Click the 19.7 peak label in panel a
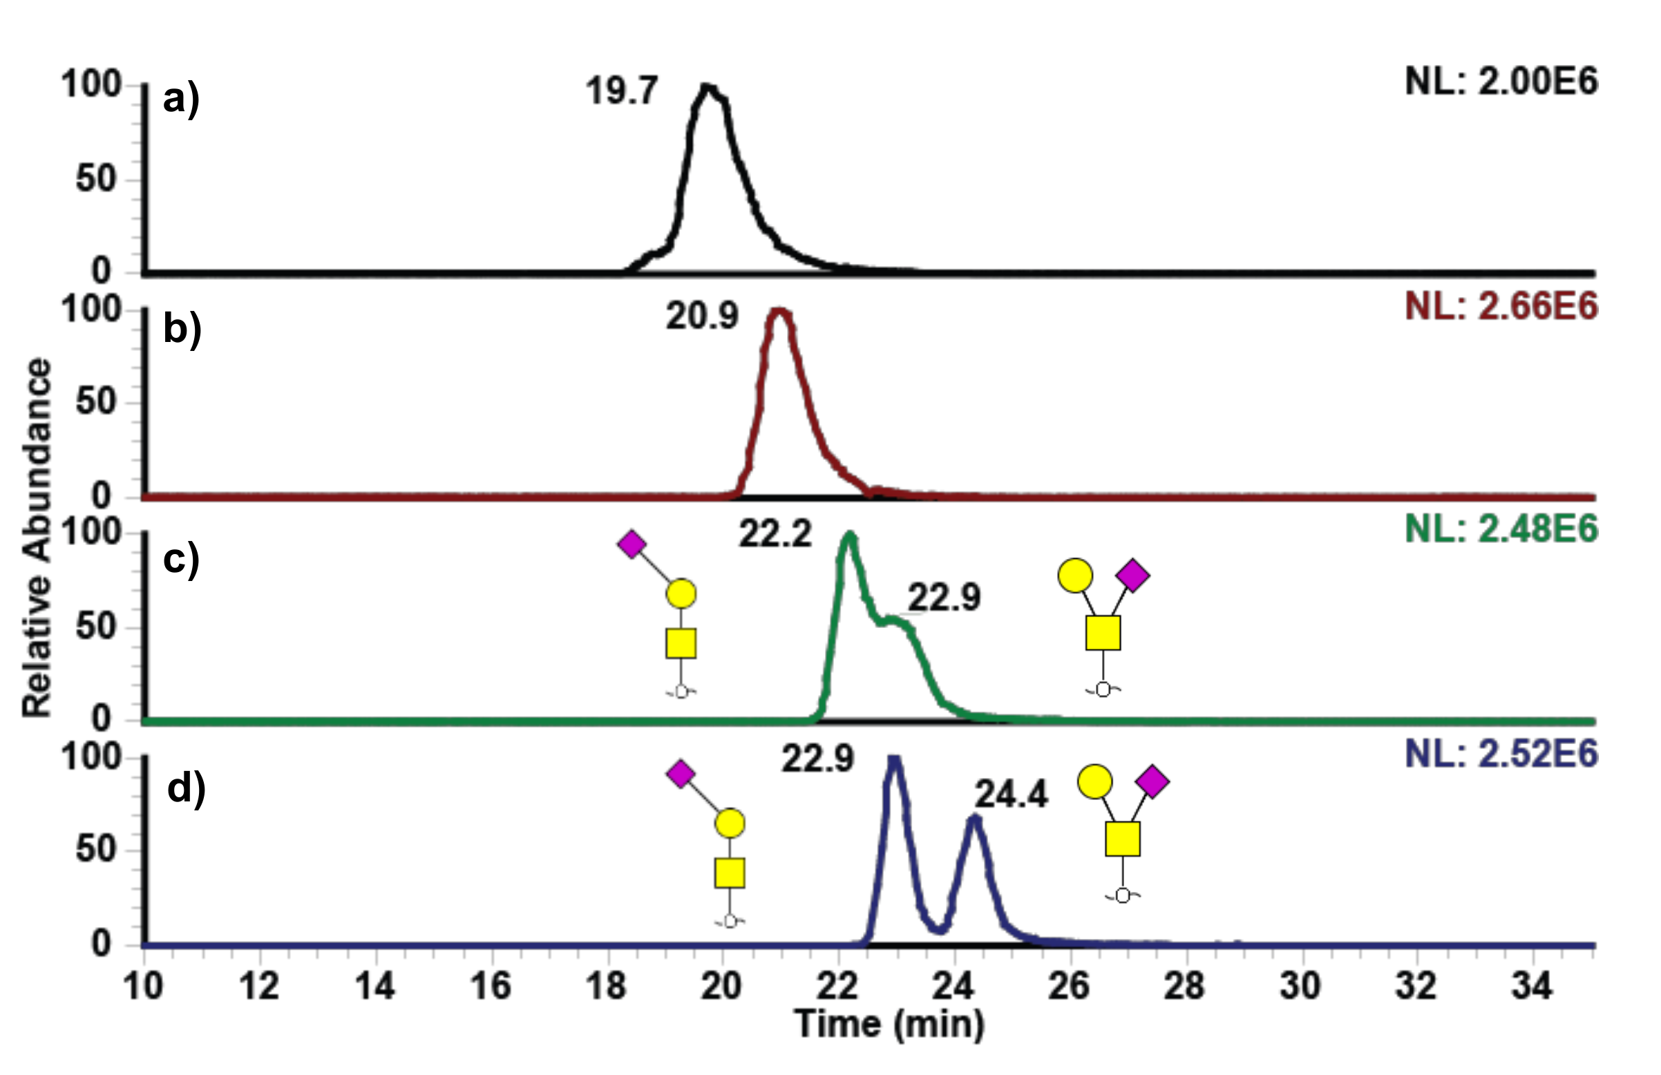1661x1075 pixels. coord(621,91)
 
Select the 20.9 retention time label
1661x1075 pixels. coord(701,316)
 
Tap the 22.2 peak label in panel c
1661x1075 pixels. coord(775,535)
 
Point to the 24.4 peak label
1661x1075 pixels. coord(1011,795)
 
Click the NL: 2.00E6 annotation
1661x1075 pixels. coord(1501,82)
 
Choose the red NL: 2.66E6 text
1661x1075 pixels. coord(1501,307)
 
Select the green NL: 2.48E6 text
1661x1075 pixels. coord(1501,529)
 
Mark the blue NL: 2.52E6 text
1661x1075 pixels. coord(1501,754)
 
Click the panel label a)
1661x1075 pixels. coord(181,99)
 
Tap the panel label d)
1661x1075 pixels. coord(186,790)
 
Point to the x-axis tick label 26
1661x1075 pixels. coord(1068,987)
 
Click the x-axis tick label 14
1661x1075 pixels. coord(374,987)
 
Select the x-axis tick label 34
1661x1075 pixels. coord(1531,987)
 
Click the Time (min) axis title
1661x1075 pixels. coord(889,1025)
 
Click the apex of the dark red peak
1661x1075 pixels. coord(779,312)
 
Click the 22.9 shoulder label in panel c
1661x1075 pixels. coord(944,598)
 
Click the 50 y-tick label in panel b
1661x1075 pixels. coord(95,402)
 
